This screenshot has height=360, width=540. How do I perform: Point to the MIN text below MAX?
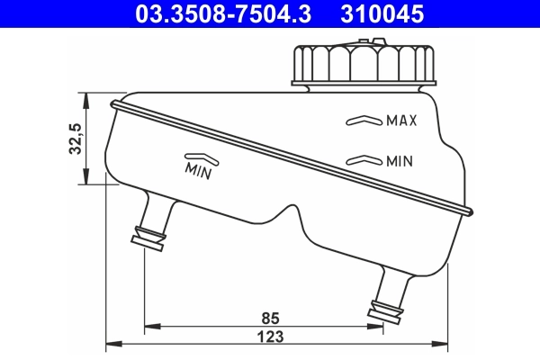(399, 162)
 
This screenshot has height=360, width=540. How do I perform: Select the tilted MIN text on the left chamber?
(198, 168)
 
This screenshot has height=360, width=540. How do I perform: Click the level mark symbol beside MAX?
(364, 120)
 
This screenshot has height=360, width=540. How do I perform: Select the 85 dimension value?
(269, 317)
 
